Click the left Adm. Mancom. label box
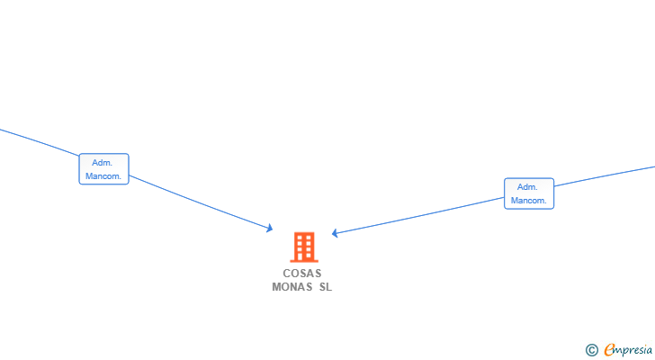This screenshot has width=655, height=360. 104,168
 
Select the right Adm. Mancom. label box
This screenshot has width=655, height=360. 529,193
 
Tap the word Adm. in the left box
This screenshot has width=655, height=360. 103,163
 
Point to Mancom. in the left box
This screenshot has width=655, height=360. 103,175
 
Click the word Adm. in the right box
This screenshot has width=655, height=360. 527,186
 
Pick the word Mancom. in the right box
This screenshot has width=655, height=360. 528,200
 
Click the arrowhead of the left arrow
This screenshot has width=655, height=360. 270,228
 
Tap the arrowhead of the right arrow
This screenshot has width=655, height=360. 335,233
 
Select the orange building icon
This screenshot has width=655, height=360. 304,247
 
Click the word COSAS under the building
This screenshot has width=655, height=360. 302,273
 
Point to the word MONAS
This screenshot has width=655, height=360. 292,287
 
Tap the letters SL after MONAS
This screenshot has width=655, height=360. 326,287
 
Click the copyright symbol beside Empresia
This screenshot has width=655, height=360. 591,350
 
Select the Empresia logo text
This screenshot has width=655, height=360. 628,350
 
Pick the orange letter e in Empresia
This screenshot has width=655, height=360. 609,350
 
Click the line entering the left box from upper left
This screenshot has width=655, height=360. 40,143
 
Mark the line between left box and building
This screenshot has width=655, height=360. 201,202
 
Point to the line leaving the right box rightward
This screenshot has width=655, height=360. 605,176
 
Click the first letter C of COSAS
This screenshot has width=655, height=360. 286,273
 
